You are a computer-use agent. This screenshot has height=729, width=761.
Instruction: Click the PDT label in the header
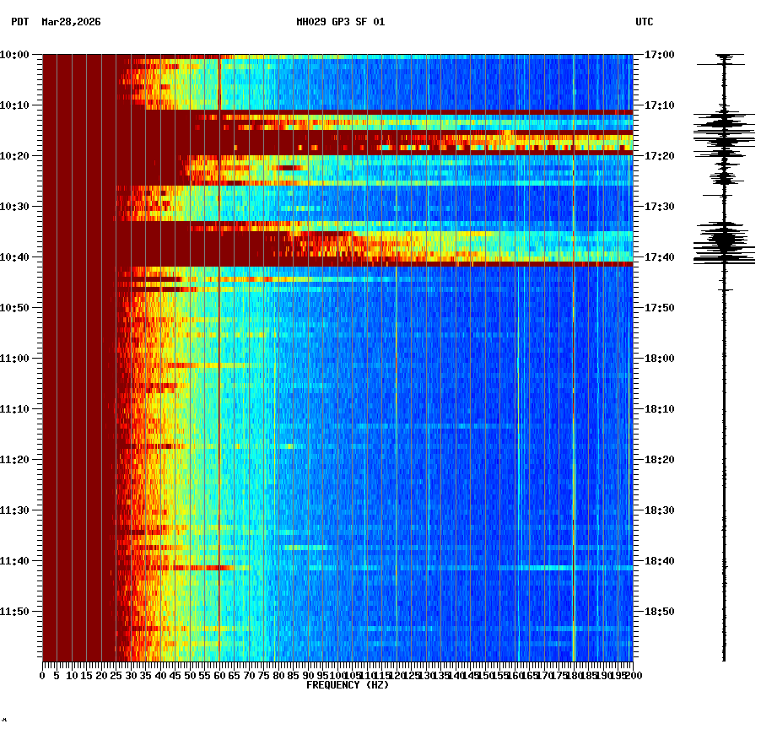tap(19, 22)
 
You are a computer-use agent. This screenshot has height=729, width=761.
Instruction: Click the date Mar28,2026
tap(71, 22)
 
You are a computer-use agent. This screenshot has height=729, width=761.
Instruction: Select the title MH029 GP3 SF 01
tap(340, 22)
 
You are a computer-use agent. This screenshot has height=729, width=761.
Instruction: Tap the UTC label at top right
tap(644, 22)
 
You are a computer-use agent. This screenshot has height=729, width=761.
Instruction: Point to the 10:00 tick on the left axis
tap(14, 55)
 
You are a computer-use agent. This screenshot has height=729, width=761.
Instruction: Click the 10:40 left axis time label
tap(14, 257)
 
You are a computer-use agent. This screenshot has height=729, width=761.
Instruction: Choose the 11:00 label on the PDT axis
tap(14, 359)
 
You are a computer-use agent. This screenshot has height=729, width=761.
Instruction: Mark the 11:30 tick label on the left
tap(14, 510)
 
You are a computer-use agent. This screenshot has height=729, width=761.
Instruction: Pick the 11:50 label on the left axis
tap(14, 612)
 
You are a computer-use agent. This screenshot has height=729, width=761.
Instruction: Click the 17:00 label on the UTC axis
tap(658, 55)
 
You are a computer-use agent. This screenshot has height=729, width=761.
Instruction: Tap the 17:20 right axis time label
tap(658, 156)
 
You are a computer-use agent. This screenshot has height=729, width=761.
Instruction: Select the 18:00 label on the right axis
tap(658, 359)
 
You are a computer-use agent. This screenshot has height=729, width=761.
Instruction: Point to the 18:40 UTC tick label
tap(658, 561)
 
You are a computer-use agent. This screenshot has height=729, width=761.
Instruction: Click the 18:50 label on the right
tap(658, 612)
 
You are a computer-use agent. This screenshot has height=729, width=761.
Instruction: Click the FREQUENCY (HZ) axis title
tap(348, 685)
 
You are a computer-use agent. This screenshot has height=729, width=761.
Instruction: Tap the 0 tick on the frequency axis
tap(43, 676)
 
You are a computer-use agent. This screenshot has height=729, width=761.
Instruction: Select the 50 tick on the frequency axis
tap(190, 676)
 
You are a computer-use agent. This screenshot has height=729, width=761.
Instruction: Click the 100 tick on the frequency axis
tap(337, 676)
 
